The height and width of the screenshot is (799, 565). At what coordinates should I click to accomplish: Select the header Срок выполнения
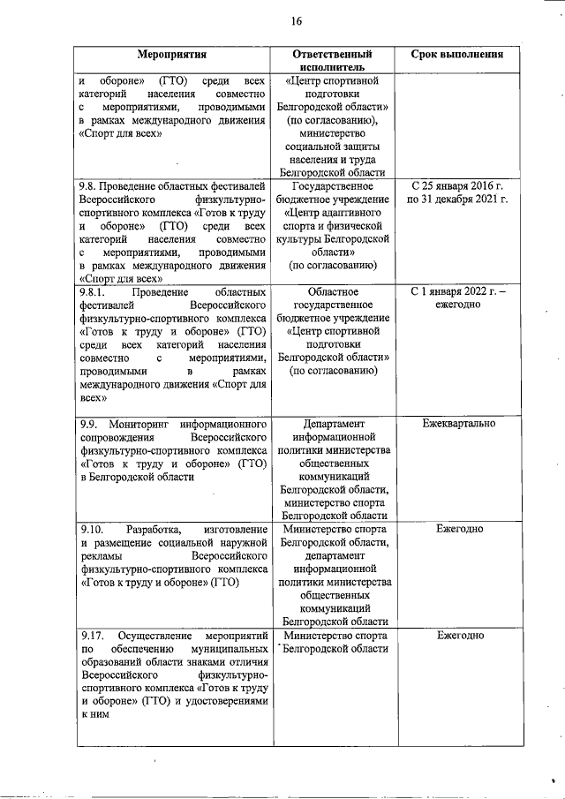457,54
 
